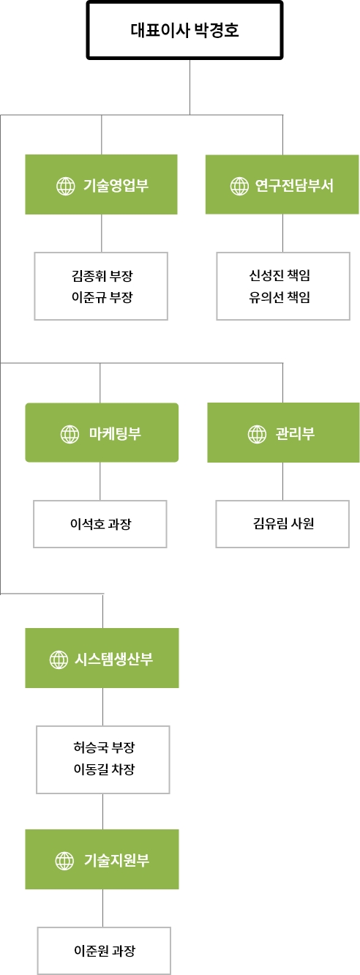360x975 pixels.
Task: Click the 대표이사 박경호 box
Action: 184,30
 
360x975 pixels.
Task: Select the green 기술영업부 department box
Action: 102,184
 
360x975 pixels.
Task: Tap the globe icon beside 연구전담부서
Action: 239,187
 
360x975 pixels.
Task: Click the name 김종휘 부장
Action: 102,275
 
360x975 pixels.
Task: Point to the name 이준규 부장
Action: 102,297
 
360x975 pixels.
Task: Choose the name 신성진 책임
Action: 280,275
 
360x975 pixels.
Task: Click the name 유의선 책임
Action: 280,297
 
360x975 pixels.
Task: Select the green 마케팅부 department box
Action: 102,433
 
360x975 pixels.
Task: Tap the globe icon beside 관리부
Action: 257,434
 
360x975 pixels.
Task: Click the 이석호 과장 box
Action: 100,524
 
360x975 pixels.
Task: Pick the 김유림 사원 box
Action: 282,524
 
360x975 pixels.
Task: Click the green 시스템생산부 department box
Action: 102,658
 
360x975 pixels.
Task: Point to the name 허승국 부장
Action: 104,747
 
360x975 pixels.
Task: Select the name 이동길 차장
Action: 104,769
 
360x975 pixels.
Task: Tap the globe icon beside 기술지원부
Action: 64,861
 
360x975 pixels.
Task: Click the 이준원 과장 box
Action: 104,951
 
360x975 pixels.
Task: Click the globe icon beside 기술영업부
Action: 66,187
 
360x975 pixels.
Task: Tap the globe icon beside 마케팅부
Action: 70,434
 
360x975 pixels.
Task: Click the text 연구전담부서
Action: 294,185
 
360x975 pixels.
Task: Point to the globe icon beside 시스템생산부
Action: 59,660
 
